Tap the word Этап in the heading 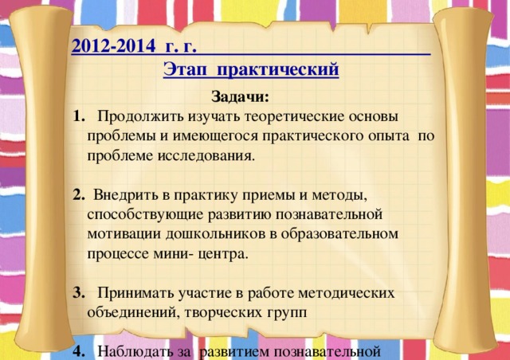182,69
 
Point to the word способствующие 143,214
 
